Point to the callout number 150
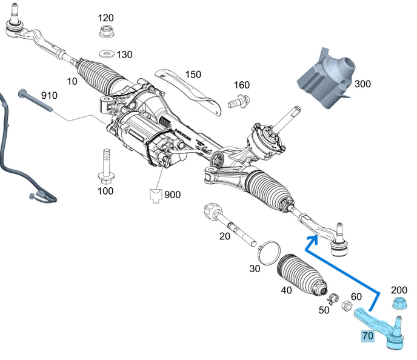coord(193,75)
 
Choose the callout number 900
coord(173,195)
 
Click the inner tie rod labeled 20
coord(229,224)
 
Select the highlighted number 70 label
coord(367,335)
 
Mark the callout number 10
coord(72,81)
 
